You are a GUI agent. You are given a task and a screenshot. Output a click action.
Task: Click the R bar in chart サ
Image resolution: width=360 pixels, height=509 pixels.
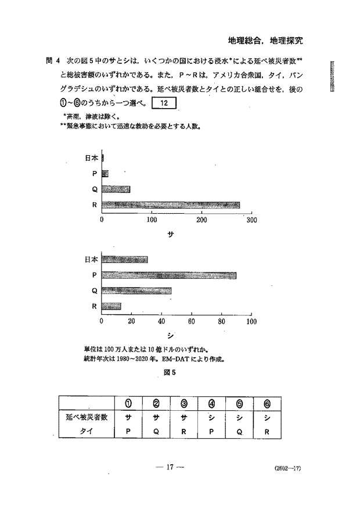[171, 205]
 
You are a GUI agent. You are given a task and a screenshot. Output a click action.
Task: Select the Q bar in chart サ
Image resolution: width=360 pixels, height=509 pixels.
[116, 189]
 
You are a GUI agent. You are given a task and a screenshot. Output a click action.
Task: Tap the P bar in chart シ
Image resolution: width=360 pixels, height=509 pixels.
[169, 275]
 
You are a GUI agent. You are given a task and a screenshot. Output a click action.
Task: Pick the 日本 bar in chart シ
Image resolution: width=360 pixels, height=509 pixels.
[124, 259]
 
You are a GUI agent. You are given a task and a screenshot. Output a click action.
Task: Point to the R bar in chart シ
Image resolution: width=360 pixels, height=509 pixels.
[111, 306]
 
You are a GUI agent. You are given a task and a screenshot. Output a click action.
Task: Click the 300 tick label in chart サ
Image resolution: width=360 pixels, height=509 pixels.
[251, 220]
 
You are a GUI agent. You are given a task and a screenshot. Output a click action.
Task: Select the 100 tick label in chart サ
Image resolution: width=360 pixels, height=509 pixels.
[152, 220]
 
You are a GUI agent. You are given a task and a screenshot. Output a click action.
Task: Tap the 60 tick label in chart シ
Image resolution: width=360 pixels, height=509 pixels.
[191, 321]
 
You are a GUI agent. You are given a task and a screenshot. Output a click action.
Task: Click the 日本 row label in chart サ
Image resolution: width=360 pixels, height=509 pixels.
[91, 157]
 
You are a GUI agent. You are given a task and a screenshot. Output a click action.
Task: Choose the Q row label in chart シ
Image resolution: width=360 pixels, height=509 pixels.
[93, 291]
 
